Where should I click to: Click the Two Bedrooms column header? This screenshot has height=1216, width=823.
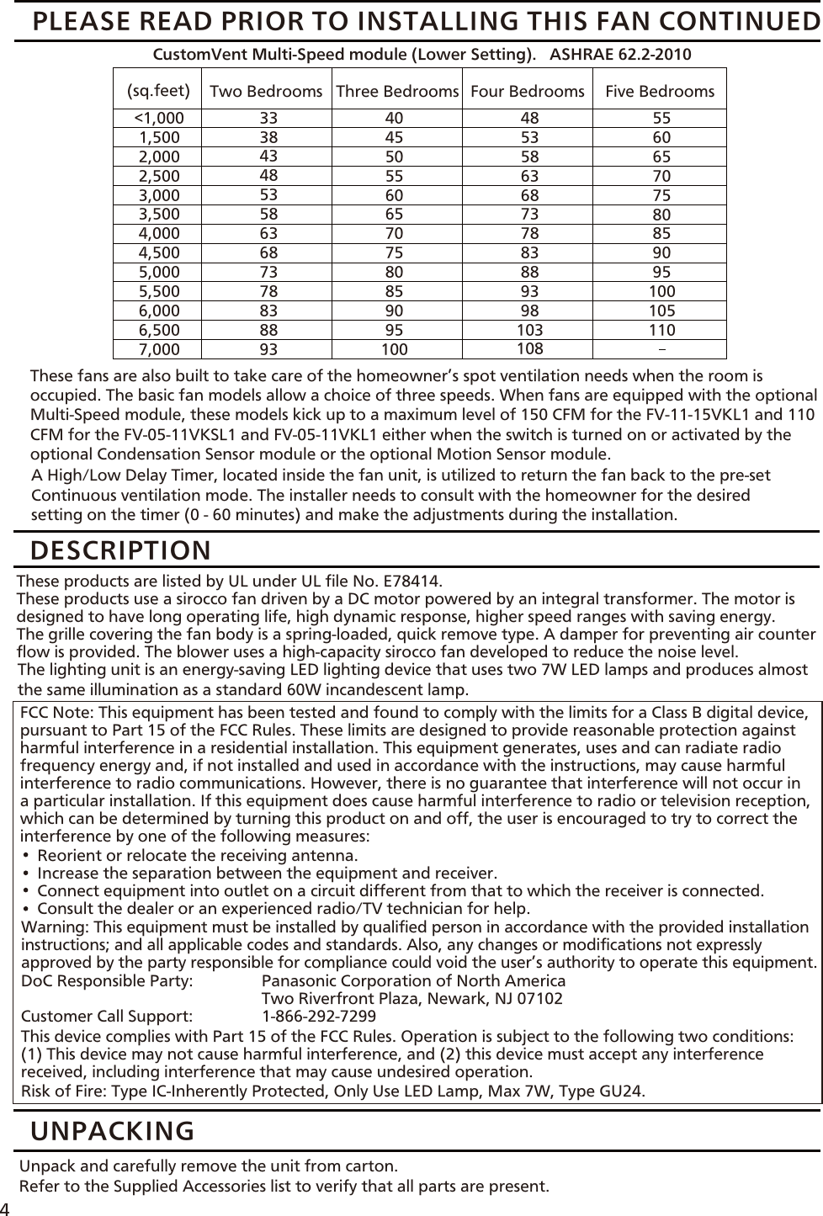tap(266, 91)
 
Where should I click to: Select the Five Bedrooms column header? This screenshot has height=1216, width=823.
tap(660, 91)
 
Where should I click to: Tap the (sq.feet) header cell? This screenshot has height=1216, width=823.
tap(158, 89)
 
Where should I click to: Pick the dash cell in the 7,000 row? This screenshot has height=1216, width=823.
tap(660, 348)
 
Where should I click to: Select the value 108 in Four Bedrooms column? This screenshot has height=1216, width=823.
tap(529, 348)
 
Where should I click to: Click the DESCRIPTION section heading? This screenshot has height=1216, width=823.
tap(121, 550)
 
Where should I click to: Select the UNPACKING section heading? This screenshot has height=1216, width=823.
tap(112, 1130)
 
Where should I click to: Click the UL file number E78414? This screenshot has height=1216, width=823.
tap(411, 581)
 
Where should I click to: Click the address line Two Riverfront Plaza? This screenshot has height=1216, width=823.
tap(412, 999)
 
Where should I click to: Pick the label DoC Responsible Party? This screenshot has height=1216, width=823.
tap(107, 981)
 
